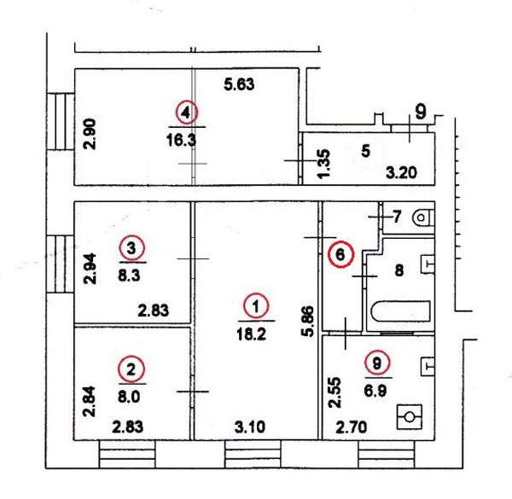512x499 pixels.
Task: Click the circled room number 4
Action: tap(186, 113)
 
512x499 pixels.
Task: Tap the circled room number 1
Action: tap(256, 306)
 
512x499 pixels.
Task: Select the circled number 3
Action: tap(131, 248)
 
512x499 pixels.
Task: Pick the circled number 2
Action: tap(131, 369)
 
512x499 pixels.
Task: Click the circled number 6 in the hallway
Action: tap(340, 254)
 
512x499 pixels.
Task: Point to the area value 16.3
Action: tap(181, 141)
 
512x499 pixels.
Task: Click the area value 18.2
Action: tap(252, 334)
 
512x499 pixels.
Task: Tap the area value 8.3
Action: tap(129, 276)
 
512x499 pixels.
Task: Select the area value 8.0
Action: tap(129, 397)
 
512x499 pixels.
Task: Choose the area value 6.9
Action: tap(375, 391)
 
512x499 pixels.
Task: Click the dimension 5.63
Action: tap(239, 84)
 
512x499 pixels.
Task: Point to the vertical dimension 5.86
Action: tap(308, 321)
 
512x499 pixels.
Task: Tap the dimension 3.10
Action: tap(250, 426)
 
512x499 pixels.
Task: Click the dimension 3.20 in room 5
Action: tap(401, 172)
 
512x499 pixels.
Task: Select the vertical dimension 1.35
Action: tap(324, 164)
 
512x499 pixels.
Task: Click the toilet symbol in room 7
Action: tap(423, 218)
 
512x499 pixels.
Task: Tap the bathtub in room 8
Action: tap(401, 311)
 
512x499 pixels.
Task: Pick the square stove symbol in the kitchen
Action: tap(410, 417)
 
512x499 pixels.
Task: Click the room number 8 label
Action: tap(399, 270)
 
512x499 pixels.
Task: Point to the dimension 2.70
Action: tap(352, 426)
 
